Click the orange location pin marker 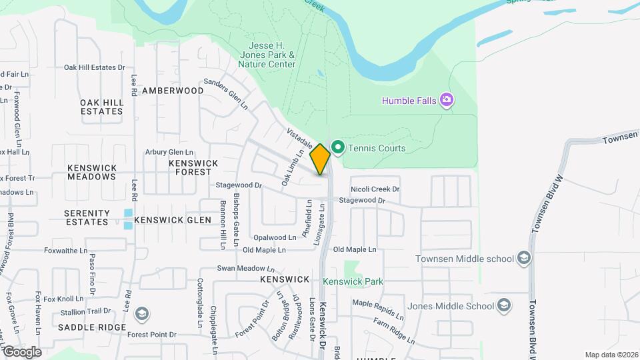pos(320,159)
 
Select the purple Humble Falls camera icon pos(447,101)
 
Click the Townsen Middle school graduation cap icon pos(523,259)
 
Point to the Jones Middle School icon pos(505,306)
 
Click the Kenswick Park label pos(353,281)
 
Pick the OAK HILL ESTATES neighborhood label pos(102,107)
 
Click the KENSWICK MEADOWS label pos(92,172)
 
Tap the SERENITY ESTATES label pos(87,217)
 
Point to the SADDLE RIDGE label pos(91,327)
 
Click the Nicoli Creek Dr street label pos(375,189)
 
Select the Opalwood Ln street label pos(275,237)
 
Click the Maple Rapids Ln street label pos(378,309)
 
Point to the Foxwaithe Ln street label pos(65,251)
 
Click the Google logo pos(21,352)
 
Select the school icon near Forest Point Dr pos(141,313)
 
